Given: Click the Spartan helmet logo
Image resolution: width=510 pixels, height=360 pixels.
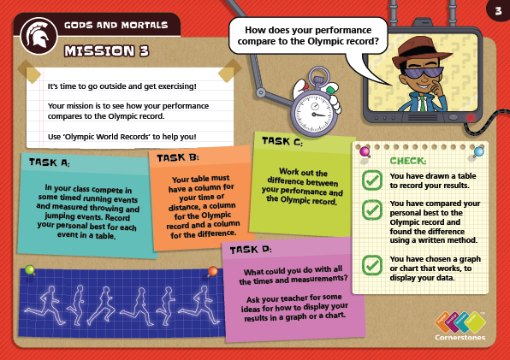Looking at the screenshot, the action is [x=39, y=36].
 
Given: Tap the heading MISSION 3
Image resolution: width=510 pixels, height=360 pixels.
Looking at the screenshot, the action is [x=107, y=51].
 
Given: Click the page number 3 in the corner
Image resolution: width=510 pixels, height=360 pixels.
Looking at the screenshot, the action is [x=498, y=11].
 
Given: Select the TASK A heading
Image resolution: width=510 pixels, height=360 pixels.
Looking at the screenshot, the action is [x=50, y=162].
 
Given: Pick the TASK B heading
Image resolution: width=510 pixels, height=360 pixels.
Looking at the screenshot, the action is [x=178, y=158].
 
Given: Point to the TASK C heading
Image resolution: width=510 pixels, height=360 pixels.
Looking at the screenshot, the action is [x=282, y=141].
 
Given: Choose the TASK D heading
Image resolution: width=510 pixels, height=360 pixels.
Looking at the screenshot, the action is [x=251, y=250].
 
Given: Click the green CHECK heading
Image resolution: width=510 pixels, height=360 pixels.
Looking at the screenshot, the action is [x=408, y=161].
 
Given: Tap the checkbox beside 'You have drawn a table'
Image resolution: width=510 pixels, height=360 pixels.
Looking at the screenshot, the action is [x=372, y=180].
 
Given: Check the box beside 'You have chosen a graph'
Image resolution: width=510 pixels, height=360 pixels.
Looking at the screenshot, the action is [x=372, y=265].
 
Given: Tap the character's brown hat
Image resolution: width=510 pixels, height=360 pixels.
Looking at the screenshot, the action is [x=419, y=51].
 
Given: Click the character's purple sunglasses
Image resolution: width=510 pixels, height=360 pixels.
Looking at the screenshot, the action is [x=424, y=72].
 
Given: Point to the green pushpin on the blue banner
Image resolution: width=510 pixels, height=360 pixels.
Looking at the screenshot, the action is [x=30, y=270].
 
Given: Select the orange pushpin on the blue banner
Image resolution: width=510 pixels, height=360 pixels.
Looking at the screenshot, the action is [x=212, y=271].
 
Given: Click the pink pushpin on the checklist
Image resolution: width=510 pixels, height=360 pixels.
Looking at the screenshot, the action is [x=365, y=151].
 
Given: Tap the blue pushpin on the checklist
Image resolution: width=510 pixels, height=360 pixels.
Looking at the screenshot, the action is [x=478, y=151].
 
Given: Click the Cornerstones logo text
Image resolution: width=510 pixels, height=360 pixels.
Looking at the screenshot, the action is [x=460, y=337].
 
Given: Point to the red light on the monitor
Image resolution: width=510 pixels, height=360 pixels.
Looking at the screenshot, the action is [x=471, y=118].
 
